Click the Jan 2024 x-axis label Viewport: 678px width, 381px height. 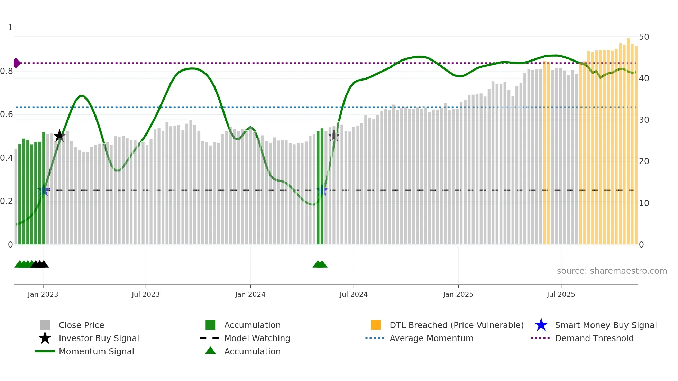[x=250, y=295]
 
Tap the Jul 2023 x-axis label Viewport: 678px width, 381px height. [x=146, y=295]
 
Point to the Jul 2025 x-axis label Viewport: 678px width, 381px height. [x=561, y=295]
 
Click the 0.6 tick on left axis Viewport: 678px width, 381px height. [x=7, y=114]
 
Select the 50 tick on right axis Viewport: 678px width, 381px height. [x=644, y=37]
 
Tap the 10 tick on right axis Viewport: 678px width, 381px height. [x=644, y=203]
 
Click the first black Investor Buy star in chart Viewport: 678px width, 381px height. [x=59, y=136]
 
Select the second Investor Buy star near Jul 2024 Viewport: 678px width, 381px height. [x=334, y=136]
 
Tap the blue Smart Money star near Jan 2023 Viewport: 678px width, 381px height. [x=44, y=190]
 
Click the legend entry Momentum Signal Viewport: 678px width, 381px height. [x=96, y=352]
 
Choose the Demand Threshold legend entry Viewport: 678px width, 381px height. [x=594, y=338]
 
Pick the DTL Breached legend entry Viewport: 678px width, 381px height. [x=456, y=325]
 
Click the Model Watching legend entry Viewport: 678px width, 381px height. [x=257, y=338]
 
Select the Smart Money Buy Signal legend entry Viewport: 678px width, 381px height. [x=605, y=325]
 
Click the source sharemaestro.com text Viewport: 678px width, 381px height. [x=612, y=271]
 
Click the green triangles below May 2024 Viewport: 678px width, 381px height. [x=320, y=264]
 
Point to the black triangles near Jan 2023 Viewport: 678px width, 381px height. [x=40, y=264]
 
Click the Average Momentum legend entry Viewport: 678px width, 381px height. [x=431, y=338]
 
